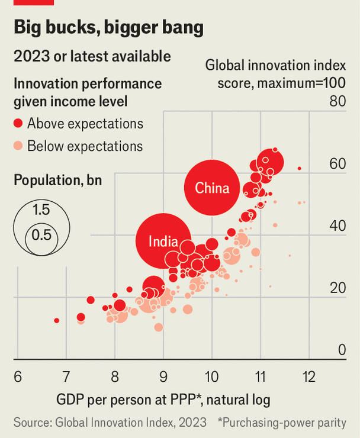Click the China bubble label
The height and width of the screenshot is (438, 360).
212,188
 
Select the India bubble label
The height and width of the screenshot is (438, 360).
163,241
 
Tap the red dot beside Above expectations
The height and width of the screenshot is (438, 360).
18,123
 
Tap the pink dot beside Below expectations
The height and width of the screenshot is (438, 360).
18,146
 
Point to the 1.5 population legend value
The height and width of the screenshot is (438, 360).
41,210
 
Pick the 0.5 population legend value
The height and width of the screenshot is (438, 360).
41,234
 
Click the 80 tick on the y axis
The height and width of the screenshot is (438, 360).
337,101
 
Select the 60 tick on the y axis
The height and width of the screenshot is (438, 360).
337,164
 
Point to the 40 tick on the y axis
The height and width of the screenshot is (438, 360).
337,226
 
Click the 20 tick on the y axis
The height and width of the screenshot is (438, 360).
337,288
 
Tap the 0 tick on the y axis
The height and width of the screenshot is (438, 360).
342,350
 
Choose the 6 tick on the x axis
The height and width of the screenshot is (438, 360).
18,376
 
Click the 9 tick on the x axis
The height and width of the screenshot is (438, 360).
163,376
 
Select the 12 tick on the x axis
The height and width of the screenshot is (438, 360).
308,376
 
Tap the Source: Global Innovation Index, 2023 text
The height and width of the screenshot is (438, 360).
110,422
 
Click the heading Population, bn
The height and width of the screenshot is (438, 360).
58,180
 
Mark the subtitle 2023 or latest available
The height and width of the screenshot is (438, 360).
92,56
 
